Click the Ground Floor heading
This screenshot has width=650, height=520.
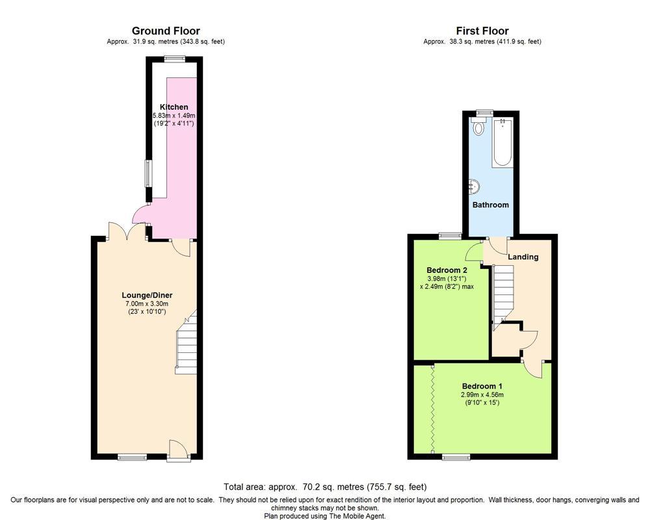click(166, 31)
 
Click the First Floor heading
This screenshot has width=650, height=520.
click(482, 31)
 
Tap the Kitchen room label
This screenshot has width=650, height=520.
click(174, 107)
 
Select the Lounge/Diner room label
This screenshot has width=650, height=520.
click(146, 295)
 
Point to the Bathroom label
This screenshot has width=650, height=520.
click(490, 205)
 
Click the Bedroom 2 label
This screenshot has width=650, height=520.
click(447, 270)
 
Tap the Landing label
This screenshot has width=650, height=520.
click(523, 257)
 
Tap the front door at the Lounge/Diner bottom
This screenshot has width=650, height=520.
click(177, 450)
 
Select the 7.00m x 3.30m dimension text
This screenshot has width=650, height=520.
click(147, 304)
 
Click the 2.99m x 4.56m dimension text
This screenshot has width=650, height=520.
click(482, 394)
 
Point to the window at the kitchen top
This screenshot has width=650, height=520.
click(174, 58)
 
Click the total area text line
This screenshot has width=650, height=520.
click(325, 486)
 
